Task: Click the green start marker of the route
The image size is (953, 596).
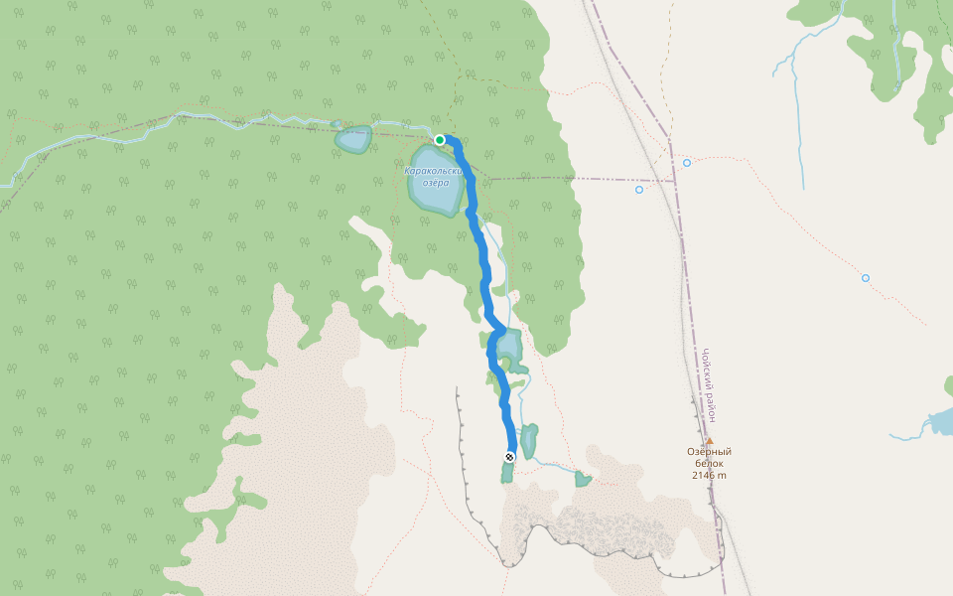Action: click(x=440, y=140)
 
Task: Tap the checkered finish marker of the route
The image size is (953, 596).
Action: click(x=510, y=457)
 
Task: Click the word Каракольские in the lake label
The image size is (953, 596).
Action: click(x=434, y=171)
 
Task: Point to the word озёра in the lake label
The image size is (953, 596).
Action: click(x=436, y=183)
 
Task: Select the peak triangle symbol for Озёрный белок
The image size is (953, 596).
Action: click(x=709, y=441)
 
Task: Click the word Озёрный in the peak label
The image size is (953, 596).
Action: click(x=709, y=452)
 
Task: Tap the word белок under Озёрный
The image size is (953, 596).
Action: click(x=709, y=463)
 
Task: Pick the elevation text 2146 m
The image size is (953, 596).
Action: click(x=709, y=475)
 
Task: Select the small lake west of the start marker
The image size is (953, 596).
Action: click(x=352, y=139)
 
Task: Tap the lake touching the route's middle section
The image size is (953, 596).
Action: click(x=510, y=346)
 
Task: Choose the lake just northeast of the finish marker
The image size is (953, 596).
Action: click(x=529, y=439)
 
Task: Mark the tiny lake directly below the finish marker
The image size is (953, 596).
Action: click(x=507, y=473)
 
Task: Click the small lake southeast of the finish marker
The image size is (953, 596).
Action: click(x=583, y=480)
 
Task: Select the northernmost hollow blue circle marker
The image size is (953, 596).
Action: click(x=686, y=162)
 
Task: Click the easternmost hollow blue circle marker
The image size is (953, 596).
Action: click(x=866, y=278)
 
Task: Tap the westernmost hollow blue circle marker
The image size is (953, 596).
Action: click(x=639, y=189)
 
